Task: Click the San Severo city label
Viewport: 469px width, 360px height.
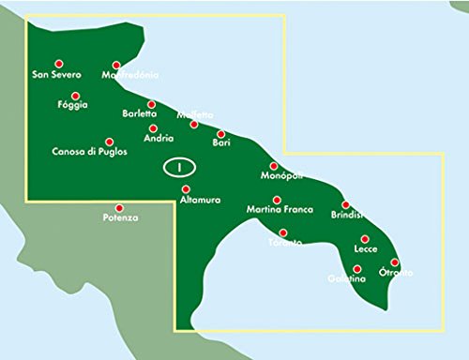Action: (x=57, y=75)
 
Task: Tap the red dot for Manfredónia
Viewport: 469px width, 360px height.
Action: (x=117, y=65)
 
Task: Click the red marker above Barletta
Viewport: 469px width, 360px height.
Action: (x=151, y=104)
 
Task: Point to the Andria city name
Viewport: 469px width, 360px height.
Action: (x=159, y=139)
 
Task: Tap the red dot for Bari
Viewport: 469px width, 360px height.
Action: (x=221, y=133)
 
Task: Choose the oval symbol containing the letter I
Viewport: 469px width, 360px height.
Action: (x=176, y=168)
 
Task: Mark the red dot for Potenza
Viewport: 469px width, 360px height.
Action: (x=119, y=207)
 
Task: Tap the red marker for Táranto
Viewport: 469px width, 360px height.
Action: (x=283, y=232)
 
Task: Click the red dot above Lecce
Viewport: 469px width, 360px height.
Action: (x=365, y=239)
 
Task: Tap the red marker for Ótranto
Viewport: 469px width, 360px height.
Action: (x=395, y=262)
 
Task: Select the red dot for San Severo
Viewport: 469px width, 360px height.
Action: (x=58, y=62)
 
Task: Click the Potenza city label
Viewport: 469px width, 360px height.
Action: (x=120, y=218)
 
